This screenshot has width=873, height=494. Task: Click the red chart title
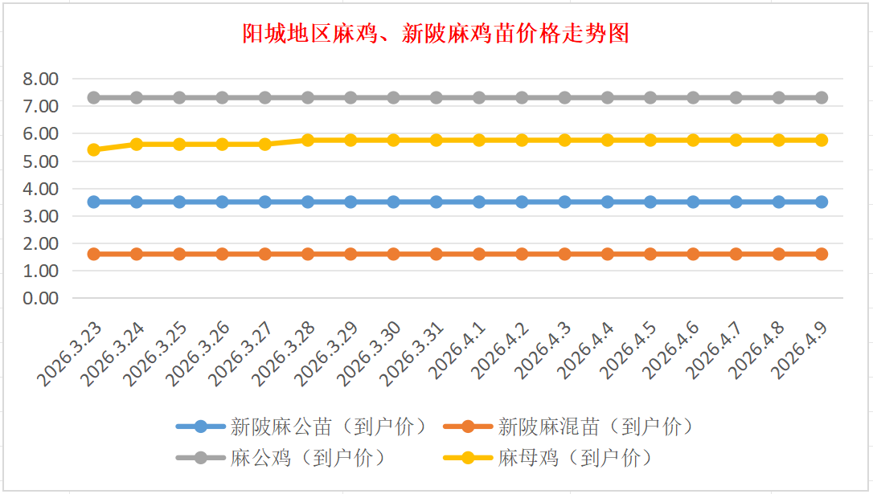[x=436, y=34]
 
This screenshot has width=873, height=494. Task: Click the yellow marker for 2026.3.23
[x=94, y=149]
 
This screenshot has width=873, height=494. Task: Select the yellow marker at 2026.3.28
[x=308, y=140]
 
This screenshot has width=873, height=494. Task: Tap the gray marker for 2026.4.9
[x=822, y=97]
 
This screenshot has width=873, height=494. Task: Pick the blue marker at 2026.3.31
[x=436, y=202]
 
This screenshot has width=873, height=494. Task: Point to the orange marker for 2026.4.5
[x=650, y=254]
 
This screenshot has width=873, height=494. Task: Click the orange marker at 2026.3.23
[x=94, y=254]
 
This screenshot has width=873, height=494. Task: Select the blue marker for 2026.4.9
[x=822, y=202]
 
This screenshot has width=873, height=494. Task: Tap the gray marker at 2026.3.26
[x=223, y=97]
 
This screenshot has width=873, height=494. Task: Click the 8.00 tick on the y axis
[x=42, y=79]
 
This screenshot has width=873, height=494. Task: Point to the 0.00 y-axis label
[x=42, y=298]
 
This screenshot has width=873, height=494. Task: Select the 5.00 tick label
[x=42, y=161]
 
